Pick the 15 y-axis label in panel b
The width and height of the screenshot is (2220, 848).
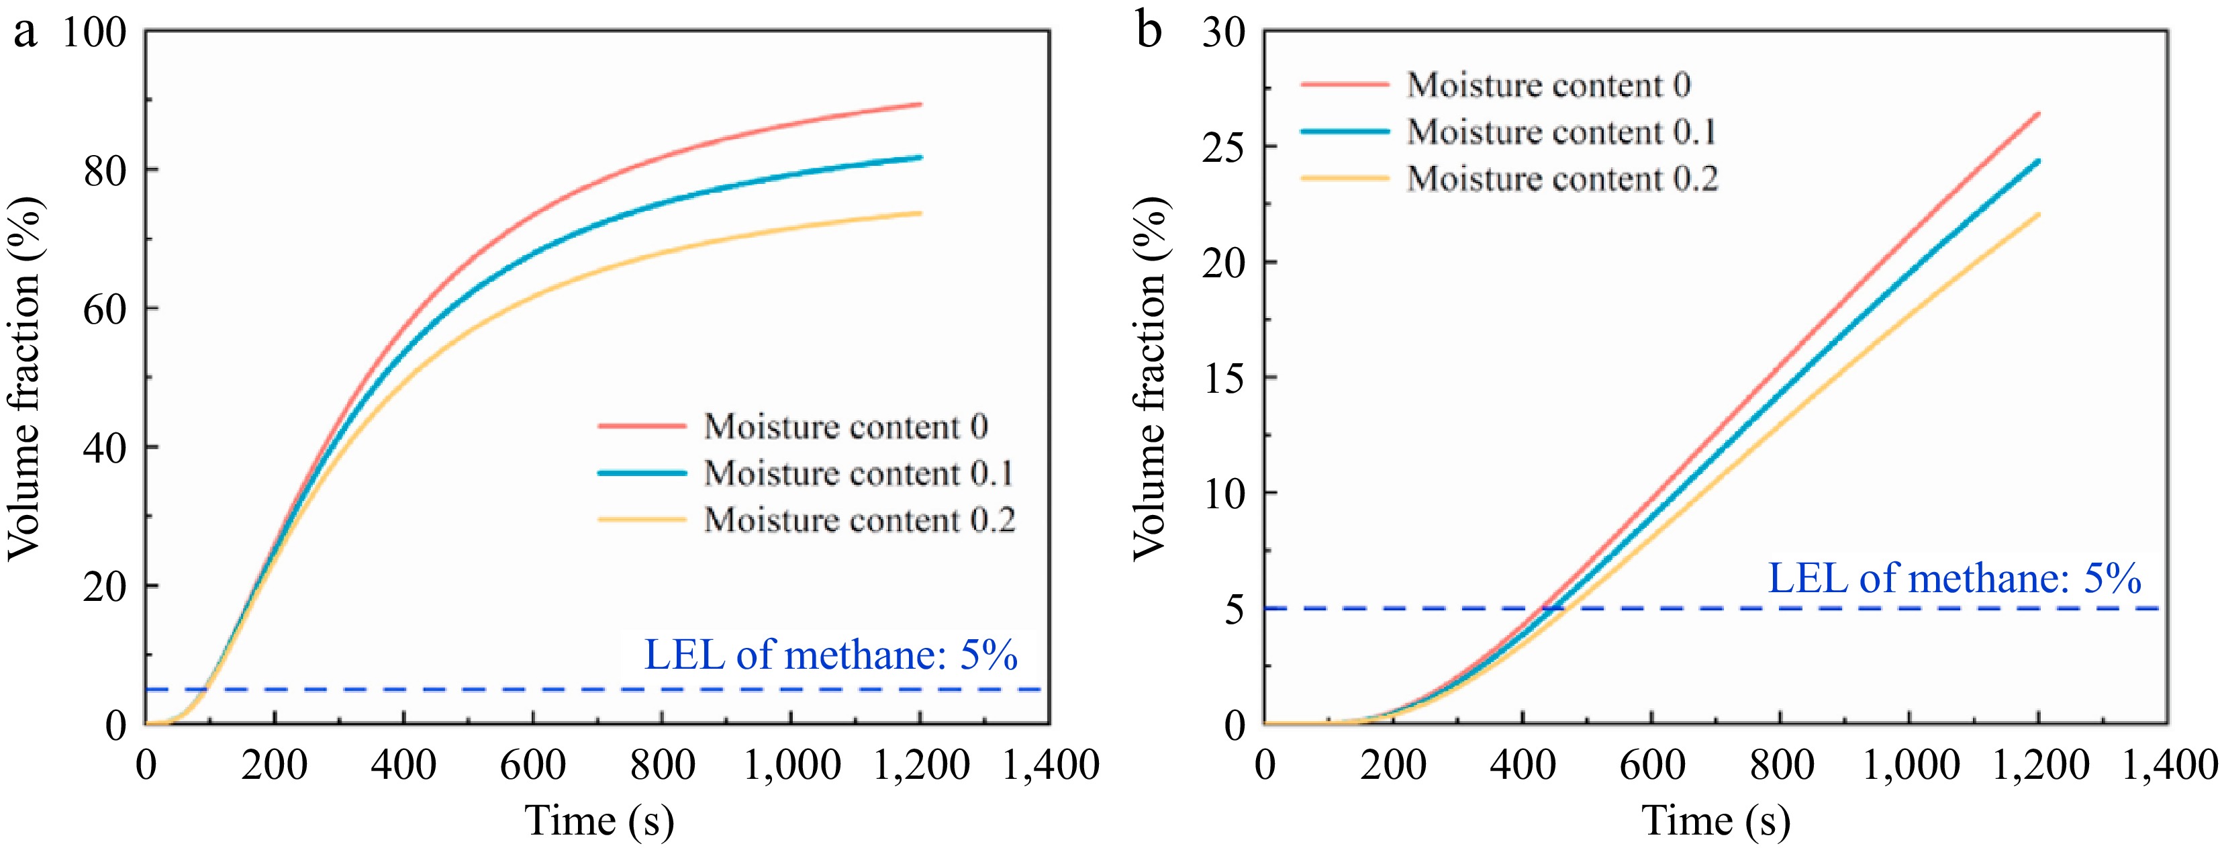pos(1224,378)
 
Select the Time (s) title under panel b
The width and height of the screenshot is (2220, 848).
pos(1716,820)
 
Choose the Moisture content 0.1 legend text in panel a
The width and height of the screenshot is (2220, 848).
pos(859,473)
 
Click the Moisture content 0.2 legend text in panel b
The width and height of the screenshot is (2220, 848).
pos(1561,179)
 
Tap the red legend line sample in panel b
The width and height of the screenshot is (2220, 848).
pos(1345,85)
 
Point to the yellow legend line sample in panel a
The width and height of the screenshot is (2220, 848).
pos(642,520)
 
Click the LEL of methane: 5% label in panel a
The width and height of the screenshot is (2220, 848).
pos(831,655)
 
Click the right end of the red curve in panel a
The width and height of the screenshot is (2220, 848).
pos(920,104)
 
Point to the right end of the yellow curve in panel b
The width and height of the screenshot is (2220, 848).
pos(2038,214)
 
